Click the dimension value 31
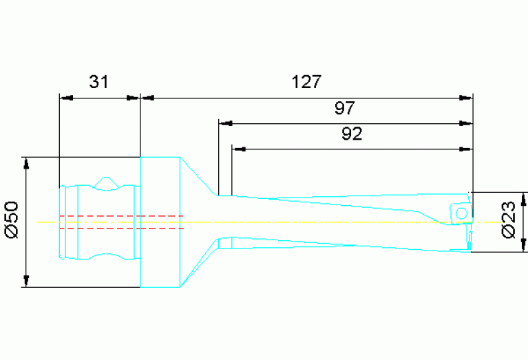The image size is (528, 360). (x=99, y=82)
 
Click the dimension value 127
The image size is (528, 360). (x=306, y=82)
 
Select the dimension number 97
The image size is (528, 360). (x=345, y=108)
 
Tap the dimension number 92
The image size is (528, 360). (x=352, y=134)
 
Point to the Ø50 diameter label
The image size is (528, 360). (x=11, y=220)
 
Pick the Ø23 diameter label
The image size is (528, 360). (x=509, y=221)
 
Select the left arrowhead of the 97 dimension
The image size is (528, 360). (x=224, y=124)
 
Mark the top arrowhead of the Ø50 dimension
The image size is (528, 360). (x=26, y=162)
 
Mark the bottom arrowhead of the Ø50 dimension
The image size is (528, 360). (x=26, y=282)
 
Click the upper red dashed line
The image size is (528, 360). (x=120, y=216)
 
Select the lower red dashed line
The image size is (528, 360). (x=120, y=228)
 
